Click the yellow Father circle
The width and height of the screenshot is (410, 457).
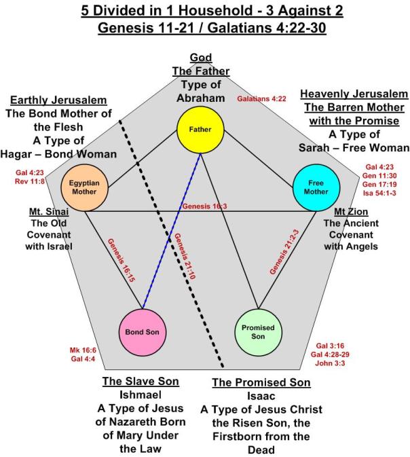click(x=201, y=129)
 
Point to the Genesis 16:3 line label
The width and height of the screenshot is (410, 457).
click(x=204, y=206)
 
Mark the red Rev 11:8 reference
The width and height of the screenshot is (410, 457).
click(x=28, y=182)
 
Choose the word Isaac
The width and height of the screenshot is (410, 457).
click(x=261, y=396)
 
